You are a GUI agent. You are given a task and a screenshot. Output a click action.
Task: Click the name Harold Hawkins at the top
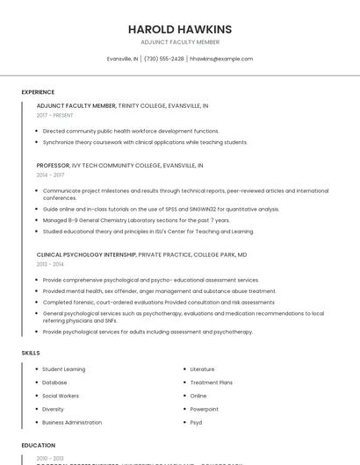click(180, 29)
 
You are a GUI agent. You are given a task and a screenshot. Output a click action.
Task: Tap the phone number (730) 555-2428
click(164, 59)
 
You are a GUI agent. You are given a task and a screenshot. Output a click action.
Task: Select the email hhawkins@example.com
click(221, 59)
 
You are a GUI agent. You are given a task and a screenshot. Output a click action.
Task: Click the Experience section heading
click(38, 92)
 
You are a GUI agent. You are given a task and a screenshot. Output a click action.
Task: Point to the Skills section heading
click(31, 353)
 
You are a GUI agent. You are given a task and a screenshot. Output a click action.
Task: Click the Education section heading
click(39, 446)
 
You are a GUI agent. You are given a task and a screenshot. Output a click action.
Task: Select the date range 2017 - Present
click(54, 115)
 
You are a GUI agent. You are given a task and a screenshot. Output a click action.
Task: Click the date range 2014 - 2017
click(50, 175)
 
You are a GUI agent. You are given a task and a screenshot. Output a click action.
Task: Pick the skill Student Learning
click(64, 369)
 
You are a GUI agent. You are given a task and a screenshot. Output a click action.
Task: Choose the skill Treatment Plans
click(211, 383)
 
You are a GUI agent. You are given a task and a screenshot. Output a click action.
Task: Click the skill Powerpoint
click(204, 409)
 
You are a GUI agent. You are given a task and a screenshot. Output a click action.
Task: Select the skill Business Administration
click(72, 422)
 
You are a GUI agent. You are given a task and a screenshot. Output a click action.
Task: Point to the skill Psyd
click(197, 422)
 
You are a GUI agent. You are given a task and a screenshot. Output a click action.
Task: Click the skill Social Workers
click(61, 396)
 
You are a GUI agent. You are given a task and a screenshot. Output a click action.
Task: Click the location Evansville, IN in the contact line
click(123, 59)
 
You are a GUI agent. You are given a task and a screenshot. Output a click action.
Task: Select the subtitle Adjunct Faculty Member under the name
click(180, 42)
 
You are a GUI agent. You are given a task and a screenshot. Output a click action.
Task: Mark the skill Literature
click(202, 369)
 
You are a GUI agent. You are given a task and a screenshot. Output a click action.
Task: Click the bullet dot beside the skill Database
click(35, 383)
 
